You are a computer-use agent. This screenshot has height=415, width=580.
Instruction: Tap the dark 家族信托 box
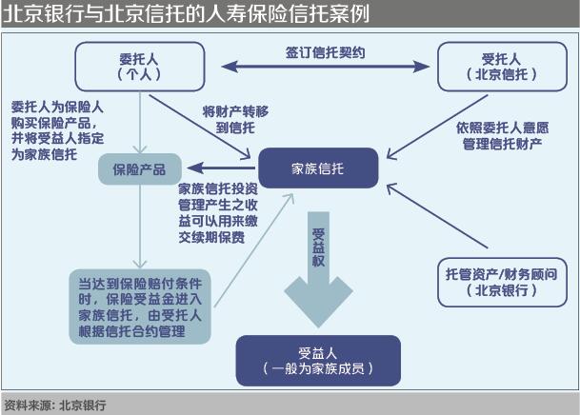[318, 168]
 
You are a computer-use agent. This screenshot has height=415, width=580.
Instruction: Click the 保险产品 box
[139, 169]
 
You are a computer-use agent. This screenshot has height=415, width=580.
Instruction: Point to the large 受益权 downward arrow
[318, 276]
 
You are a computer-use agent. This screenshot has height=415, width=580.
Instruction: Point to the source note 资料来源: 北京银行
[55, 405]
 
